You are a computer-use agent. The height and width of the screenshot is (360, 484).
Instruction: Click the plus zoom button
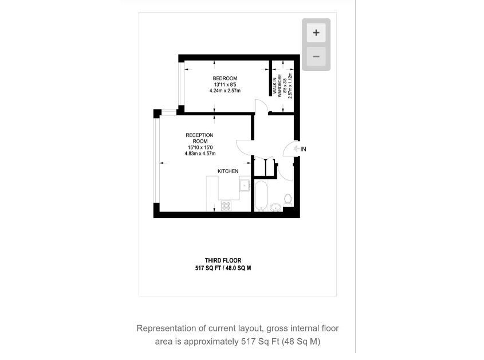(316, 33)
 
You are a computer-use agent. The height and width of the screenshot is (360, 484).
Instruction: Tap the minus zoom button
(316, 57)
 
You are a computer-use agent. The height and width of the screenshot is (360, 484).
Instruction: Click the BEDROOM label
(225, 79)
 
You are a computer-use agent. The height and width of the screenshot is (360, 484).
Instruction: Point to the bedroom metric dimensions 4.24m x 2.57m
(225, 91)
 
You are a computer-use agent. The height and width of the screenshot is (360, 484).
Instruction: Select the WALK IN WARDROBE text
(277, 85)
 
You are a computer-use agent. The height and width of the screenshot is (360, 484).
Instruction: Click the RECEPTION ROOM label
(199, 138)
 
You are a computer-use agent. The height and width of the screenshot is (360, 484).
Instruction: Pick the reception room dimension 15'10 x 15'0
(200, 147)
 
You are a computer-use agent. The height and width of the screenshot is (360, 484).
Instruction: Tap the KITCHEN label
(228, 171)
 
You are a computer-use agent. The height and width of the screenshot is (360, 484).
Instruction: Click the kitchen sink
(245, 185)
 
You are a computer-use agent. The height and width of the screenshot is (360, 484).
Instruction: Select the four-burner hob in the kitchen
(226, 205)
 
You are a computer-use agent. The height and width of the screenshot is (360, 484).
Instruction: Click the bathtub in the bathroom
(261, 195)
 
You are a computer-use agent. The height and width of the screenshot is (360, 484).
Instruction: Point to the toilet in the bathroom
(288, 200)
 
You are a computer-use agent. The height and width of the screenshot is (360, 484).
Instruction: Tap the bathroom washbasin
(276, 208)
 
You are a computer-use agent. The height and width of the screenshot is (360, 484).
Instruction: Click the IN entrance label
(303, 149)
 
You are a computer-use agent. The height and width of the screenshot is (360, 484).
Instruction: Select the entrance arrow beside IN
(297, 149)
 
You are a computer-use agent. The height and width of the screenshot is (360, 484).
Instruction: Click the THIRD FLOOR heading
(223, 260)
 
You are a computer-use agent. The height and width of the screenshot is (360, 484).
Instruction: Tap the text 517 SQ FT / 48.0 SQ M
(223, 268)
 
